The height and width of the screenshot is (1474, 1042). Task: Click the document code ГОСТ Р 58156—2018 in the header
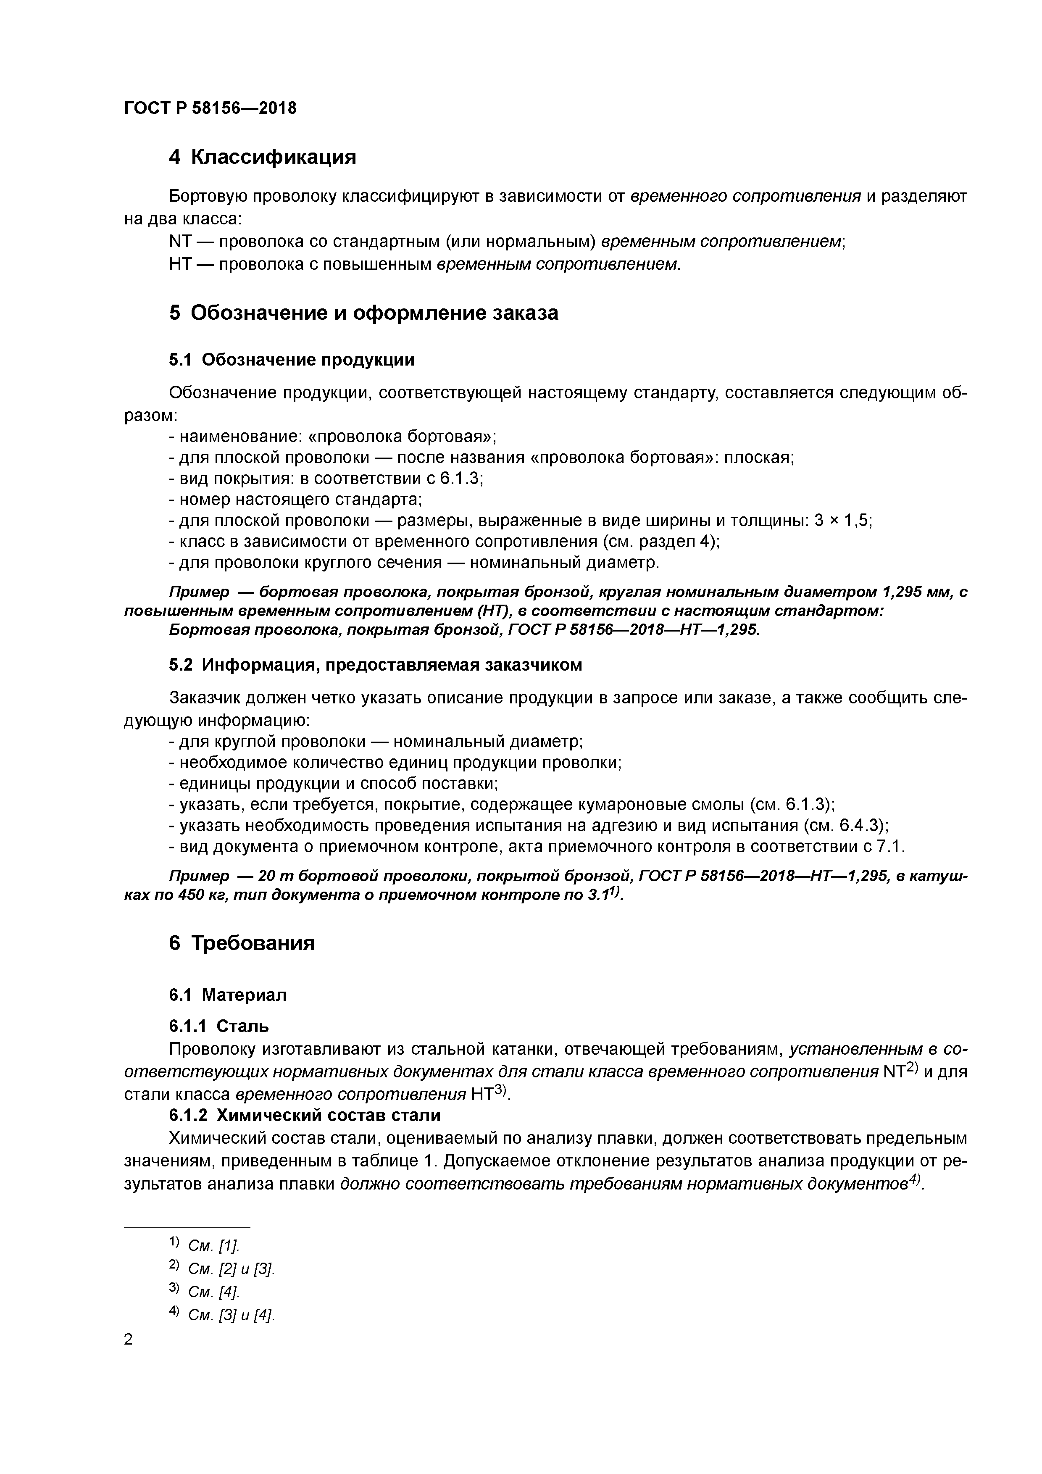tap(210, 108)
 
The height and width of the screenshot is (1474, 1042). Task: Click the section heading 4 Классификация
tap(262, 157)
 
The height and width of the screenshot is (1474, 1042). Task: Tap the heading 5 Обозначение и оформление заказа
tap(363, 313)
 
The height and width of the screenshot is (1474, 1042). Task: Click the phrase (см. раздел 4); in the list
tap(660, 542)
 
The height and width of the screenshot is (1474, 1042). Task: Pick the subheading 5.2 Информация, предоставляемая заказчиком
tap(376, 665)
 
